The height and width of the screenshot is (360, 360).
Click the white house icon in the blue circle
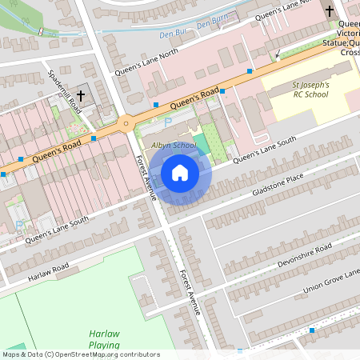pos(180,173)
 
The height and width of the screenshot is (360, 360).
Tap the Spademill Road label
pos(65,90)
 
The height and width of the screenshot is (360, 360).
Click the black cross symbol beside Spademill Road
pos(81,96)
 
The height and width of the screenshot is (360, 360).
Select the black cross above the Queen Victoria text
pos(330,11)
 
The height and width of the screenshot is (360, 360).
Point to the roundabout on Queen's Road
pos(126,122)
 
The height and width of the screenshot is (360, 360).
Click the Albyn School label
pos(174,145)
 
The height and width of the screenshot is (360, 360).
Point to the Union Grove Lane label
pos(329,279)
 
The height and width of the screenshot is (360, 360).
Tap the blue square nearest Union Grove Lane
pos(312,330)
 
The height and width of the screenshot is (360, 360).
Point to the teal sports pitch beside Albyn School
pos(202,144)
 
